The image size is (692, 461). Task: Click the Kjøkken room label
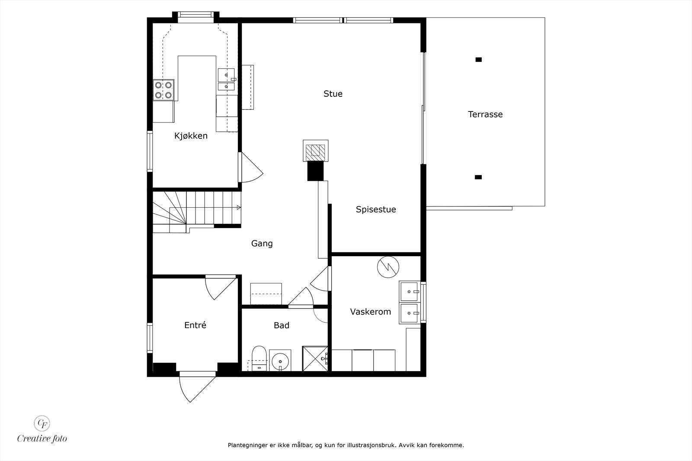pos(191,136)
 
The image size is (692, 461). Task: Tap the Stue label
pos(333,94)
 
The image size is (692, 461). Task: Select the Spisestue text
pos(375,210)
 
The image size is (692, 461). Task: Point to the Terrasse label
pos(485,114)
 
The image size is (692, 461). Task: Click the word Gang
pos(262,244)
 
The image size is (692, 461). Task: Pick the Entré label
pos(195,325)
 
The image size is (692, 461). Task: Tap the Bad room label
pos(281,325)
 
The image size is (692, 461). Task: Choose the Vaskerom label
pos(370,312)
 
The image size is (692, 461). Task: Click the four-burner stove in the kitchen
pos(163,90)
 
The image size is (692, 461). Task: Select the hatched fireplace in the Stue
pos(315,151)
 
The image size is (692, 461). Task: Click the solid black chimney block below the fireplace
pos(315,171)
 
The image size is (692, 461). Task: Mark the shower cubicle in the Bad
pos(315,358)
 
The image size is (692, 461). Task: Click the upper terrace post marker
pos(478,60)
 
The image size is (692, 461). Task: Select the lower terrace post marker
pos(478,177)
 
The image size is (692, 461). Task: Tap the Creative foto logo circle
pos(42,423)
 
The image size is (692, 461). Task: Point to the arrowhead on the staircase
pos(238,208)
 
